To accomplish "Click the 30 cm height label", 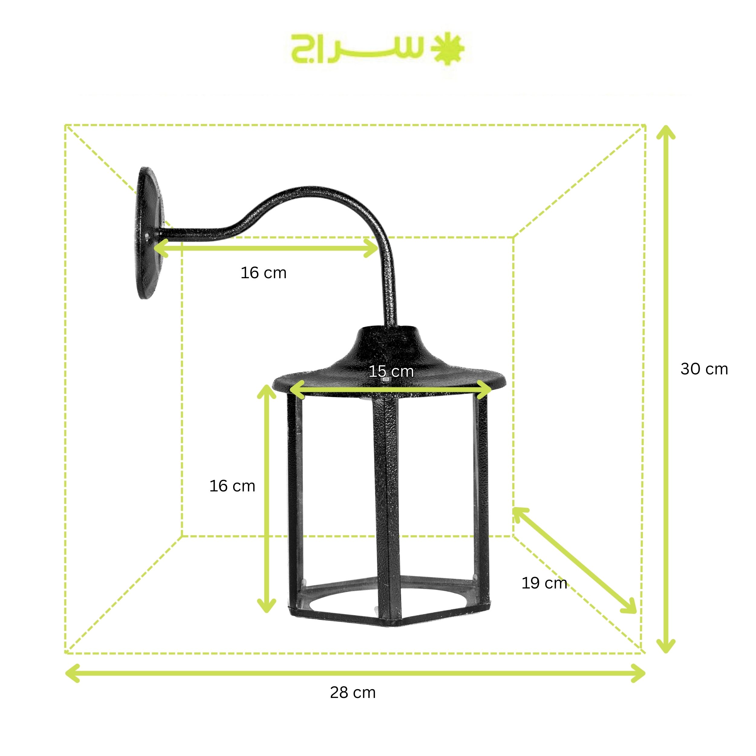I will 704,369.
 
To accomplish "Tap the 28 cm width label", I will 353,692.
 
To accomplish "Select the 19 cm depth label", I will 544,583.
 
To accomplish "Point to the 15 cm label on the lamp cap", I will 391,371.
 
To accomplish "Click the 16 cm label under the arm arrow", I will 263,273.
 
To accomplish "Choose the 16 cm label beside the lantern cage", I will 232,486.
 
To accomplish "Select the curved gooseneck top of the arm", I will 313,191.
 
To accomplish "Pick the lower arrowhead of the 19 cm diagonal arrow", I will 631,611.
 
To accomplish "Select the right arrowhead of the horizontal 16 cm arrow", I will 373,248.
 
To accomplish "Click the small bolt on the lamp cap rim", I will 386,379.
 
